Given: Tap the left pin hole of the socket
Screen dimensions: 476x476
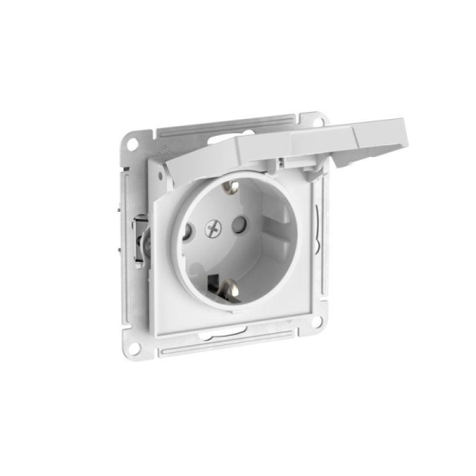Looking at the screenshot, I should [x=188, y=233].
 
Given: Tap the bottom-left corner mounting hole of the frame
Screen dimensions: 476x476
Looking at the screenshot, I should [x=134, y=347].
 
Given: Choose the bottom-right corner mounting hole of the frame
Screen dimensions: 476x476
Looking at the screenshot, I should [x=317, y=322].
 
